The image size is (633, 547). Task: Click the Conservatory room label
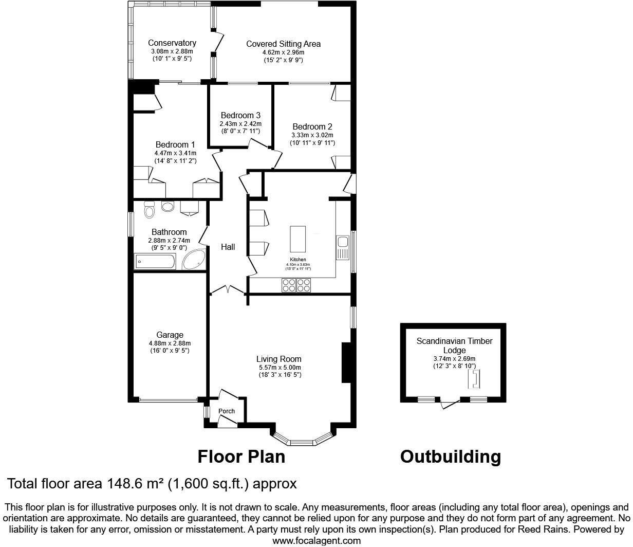tap(172, 43)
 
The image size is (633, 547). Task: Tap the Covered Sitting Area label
tap(283, 44)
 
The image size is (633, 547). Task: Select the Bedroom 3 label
tap(240, 115)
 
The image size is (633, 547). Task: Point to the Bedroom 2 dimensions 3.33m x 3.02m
tap(312, 135)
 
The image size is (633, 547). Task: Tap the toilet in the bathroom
tap(150, 210)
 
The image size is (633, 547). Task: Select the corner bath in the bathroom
tap(195, 260)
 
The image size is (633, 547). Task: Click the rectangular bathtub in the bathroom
tap(155, 262)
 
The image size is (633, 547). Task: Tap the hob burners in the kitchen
tap(296, 285)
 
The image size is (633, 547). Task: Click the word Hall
tap(228, 247)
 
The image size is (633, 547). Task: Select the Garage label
tap(170, 335)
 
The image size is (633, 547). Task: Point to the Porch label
tap(227, 411)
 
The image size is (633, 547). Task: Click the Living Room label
tap(279, 359)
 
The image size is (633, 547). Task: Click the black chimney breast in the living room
tap(346, 362)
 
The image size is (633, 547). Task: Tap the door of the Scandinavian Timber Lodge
tap(450, 405)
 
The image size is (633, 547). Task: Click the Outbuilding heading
tap(450, 457)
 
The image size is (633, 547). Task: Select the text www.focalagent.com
tap(316, 540)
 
